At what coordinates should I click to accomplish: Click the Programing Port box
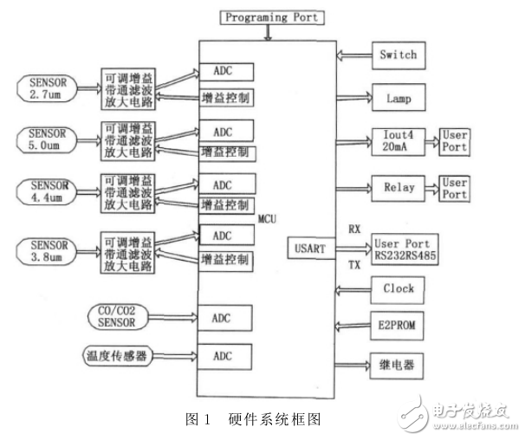272,16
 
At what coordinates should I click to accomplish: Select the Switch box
398,55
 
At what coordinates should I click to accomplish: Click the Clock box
398,288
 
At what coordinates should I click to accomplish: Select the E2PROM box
398,327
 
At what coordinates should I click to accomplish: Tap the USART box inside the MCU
308,249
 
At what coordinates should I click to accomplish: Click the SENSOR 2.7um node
53,88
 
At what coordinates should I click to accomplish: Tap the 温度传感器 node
120,354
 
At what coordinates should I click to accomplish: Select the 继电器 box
398,366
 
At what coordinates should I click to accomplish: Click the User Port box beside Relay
456,188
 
